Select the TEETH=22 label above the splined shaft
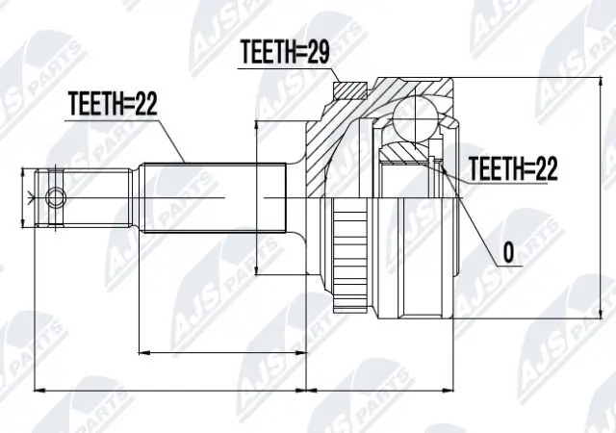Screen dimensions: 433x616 point(113,104)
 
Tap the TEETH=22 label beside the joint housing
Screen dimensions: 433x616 point(513,170)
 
